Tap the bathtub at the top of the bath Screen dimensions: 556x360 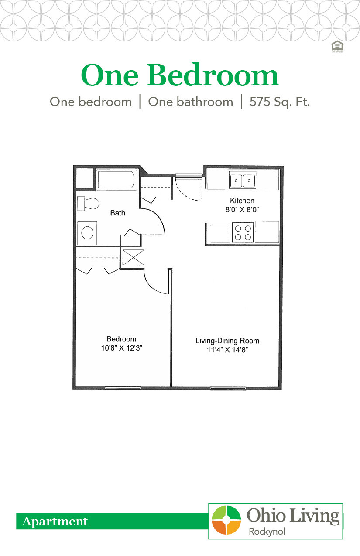tap(117, 180)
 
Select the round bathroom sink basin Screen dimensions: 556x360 tap(88, 232)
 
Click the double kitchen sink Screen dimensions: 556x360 tap(243, 180)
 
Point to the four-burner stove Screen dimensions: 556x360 tap(243, 232)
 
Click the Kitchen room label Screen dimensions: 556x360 tap(242, 201)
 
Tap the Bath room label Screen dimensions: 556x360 tap(117, 213)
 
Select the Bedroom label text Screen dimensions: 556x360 tap(121, 339)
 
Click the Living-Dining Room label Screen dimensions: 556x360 tap(227, 341)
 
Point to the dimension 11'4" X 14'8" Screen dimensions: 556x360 tap(227, 349)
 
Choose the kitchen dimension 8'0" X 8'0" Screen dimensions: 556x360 tap(242, 209)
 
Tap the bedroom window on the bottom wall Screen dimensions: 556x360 tap(123, 388)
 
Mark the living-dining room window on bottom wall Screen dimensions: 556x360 tap(228, 388)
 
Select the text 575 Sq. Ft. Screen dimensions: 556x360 tap(279, 102)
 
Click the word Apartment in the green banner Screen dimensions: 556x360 tap(55, 521)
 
